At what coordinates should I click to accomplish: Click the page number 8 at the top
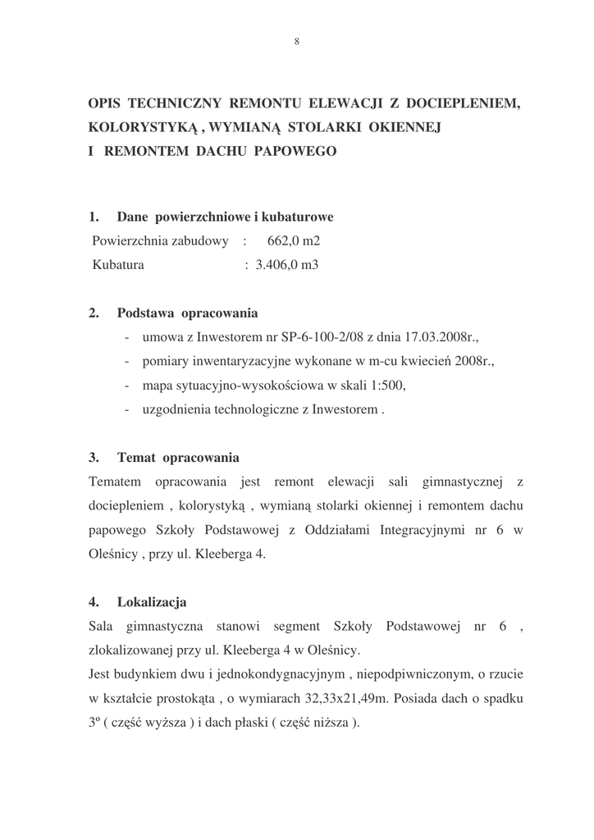[x=296, y=42]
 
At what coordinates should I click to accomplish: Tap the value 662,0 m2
[x=294, y=241]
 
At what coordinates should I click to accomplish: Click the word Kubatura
[x=118, y=265]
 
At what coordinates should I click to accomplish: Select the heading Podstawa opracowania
[x=187, y=313]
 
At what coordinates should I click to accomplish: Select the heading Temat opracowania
[x=178, y=457]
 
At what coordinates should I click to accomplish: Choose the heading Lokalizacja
[x=152, y=602]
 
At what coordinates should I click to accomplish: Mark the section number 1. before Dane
[x=94, y=217]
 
